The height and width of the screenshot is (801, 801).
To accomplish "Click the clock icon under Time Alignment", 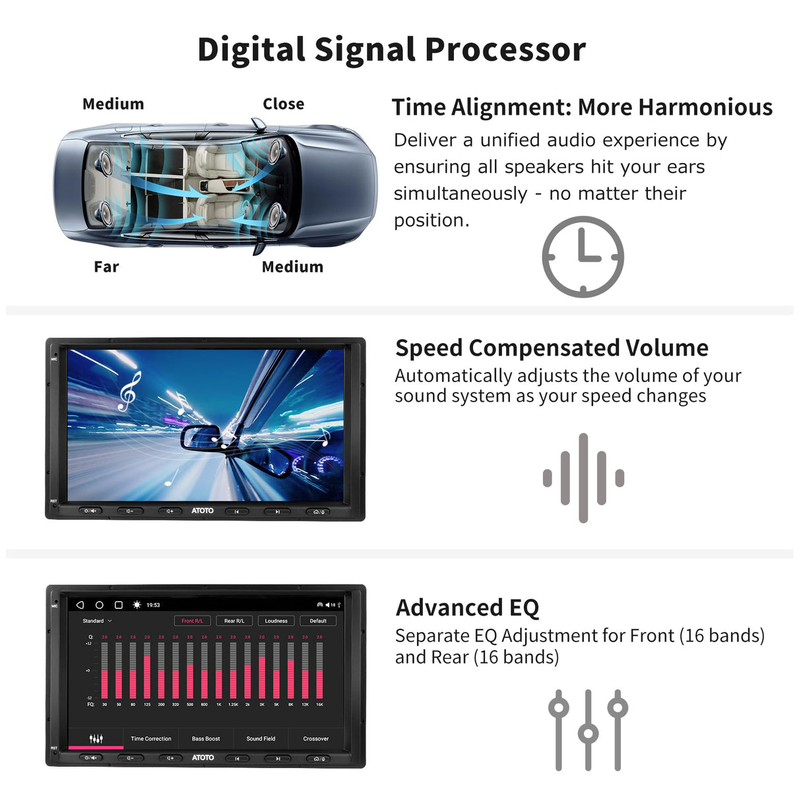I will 583,256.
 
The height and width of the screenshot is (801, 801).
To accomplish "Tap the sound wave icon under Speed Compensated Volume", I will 583,478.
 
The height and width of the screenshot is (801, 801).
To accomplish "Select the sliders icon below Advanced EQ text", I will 588,730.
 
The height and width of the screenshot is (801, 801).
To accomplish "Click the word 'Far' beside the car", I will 106,267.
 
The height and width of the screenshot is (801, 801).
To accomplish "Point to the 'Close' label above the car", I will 283,104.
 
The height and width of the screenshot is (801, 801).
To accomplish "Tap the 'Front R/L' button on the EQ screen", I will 192,621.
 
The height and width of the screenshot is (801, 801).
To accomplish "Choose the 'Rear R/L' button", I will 234,621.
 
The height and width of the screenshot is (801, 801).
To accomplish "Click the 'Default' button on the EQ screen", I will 318,621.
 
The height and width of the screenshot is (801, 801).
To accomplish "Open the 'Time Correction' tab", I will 150,738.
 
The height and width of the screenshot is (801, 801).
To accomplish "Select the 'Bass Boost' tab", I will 206,738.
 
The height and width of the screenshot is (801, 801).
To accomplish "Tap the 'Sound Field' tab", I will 261,738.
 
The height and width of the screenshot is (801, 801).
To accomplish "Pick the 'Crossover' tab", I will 316,738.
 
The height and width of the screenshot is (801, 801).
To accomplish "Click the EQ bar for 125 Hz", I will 147,670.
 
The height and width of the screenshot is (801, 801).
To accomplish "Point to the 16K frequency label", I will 319,705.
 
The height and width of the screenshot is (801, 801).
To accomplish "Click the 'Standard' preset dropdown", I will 97,621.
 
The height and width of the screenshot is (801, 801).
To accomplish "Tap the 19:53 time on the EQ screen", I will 153,605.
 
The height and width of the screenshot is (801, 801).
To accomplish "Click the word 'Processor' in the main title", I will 505,49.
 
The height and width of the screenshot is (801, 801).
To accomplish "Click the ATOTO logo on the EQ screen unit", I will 203,757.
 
